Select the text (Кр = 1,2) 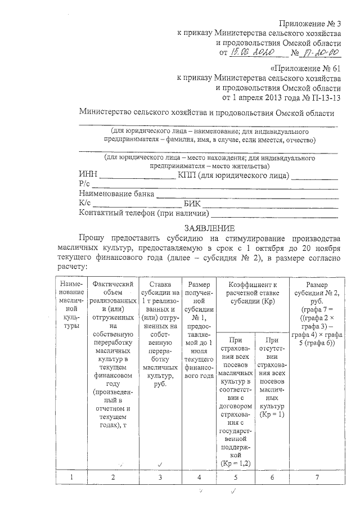pos(235,463)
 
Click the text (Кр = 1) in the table pos(273,414)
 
